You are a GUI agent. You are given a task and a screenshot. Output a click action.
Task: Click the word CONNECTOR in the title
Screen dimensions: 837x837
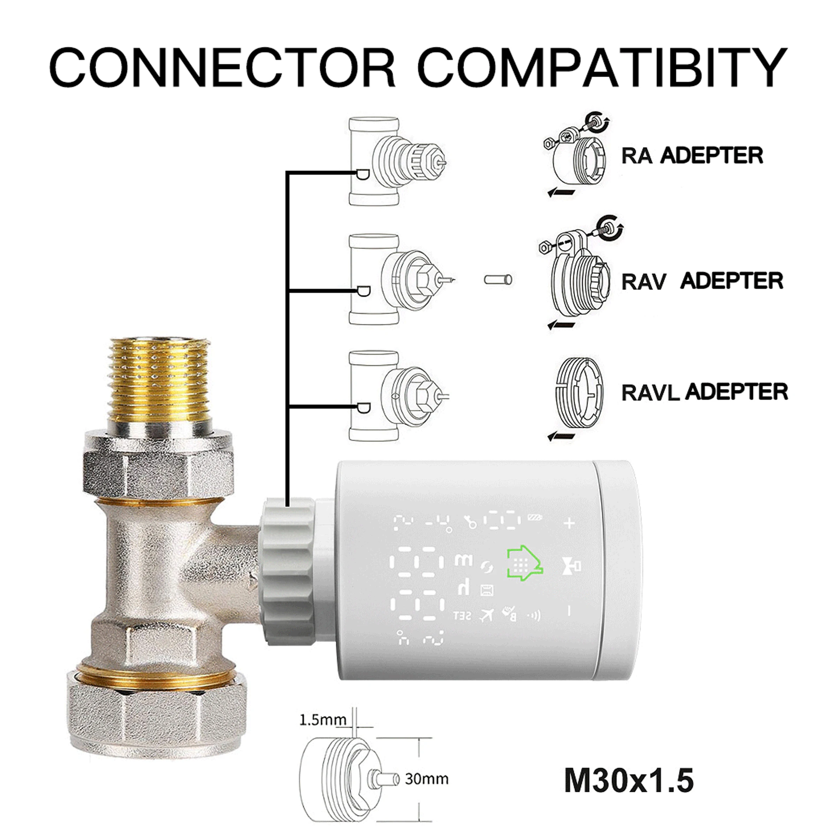click(222, 68)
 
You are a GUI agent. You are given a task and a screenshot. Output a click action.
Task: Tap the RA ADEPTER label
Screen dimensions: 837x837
click(692, 156)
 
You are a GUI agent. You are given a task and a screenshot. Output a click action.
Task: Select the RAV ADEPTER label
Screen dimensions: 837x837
click(702, 281)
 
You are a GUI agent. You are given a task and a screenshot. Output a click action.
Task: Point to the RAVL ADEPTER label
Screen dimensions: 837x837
click(704, 392)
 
